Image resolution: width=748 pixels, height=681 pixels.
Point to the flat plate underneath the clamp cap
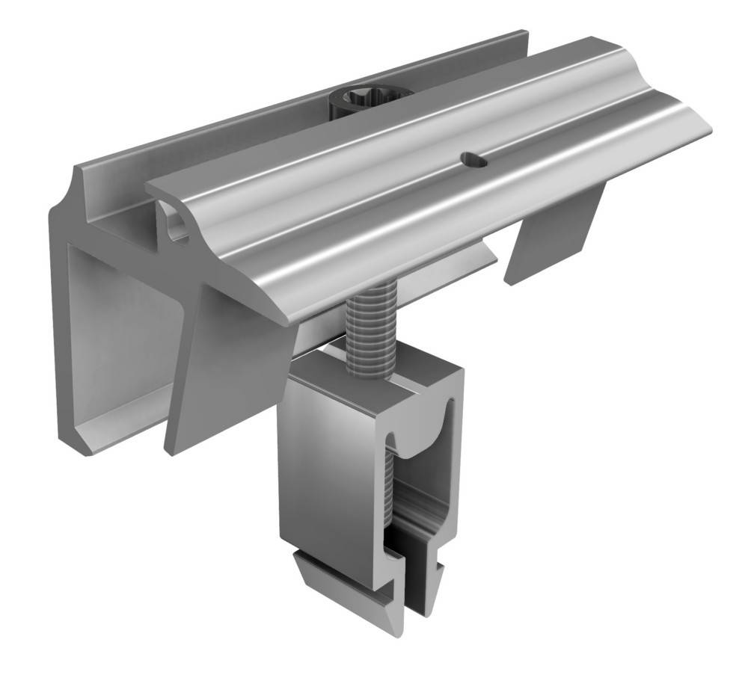click(449, 262)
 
